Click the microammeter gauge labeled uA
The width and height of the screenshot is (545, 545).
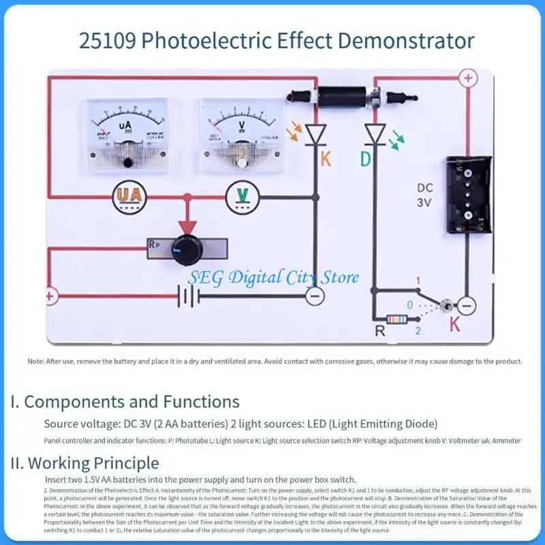coord(127,132)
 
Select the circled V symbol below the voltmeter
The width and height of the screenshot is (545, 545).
coord(242,196)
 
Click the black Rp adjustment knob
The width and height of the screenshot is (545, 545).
coord(185,248)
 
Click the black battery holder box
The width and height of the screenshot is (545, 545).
coord(467,193)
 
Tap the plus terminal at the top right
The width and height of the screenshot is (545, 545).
coord(467,78)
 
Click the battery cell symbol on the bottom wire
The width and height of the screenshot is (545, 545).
coord(188,296)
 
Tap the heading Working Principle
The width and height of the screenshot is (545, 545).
coord(93,464)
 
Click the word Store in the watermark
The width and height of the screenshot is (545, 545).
coord(339,278)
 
